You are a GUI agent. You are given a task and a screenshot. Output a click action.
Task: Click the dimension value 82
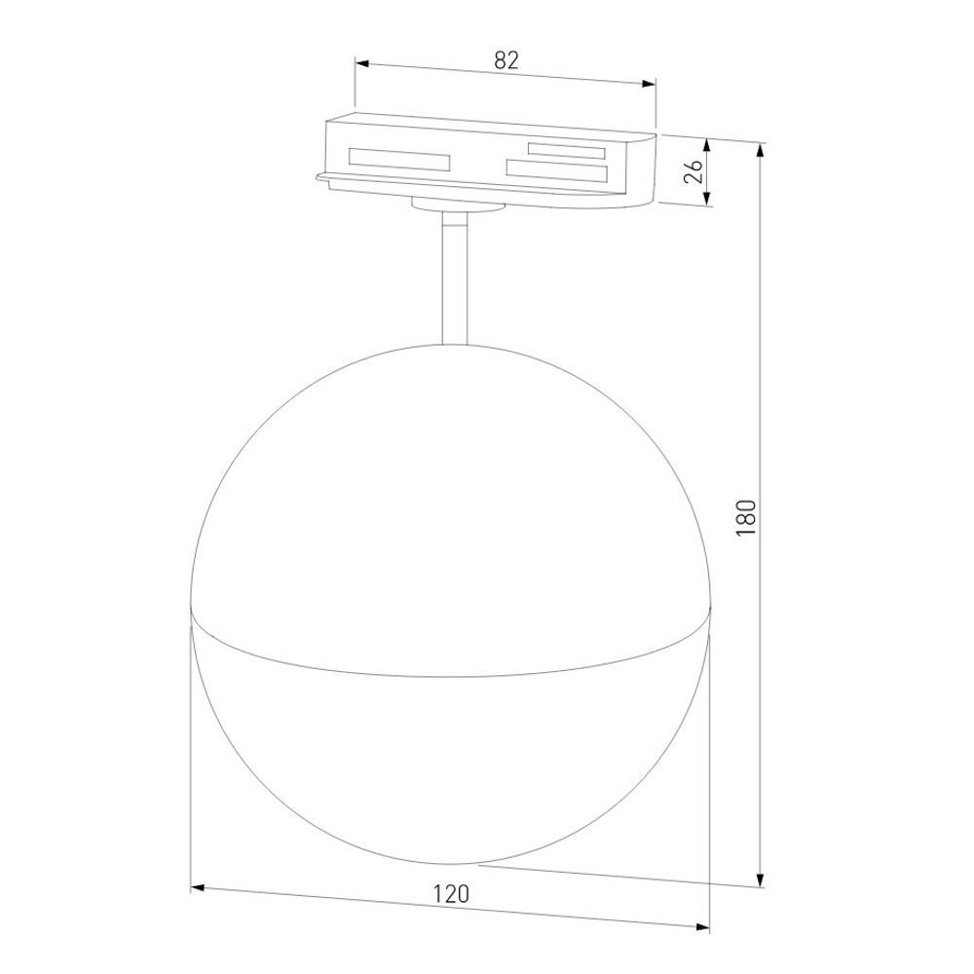point(506,59)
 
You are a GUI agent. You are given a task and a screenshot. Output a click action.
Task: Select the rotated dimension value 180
point(746,518)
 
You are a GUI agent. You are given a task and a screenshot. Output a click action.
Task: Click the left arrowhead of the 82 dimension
point(360,64)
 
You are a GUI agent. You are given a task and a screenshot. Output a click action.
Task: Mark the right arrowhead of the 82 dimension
point(650,85)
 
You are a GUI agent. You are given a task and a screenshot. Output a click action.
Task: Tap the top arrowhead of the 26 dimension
point(708,144)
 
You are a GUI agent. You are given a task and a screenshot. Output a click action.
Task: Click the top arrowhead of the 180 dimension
point(761,149)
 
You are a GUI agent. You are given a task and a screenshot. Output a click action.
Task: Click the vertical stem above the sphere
point(455,282)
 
